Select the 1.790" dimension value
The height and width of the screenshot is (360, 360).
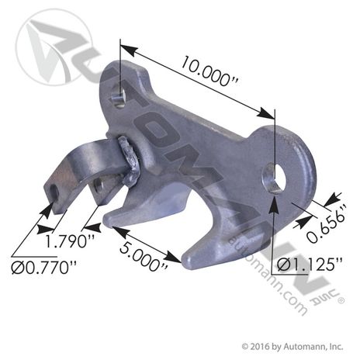pyautogui.click(x=70, y=241)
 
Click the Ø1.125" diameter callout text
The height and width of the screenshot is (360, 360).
pyautogui.click(x=310, y=265)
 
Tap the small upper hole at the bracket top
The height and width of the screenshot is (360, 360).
pyautogui.click(x=119, y=98)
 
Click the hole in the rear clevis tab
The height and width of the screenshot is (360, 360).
pyautogui.click(x=99, y=187)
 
